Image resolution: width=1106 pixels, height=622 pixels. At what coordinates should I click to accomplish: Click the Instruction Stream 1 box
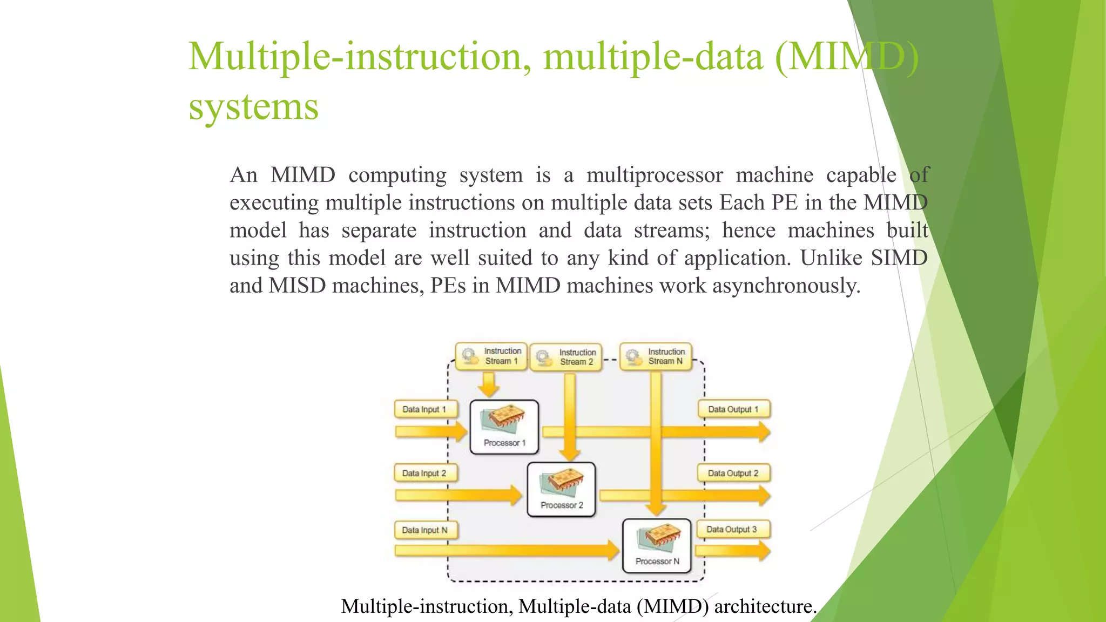[x=491, y=356]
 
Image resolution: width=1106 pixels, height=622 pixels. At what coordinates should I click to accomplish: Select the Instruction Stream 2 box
[x=565, y=357]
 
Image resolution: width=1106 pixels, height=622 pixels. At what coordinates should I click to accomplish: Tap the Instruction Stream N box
[x=656, y=357]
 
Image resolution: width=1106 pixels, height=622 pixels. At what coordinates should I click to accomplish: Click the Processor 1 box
[x=504, y=427]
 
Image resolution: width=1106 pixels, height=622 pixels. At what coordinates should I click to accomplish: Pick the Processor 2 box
[x=561, y=489]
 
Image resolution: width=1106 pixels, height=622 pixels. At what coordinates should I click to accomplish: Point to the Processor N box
[x=657, y=546]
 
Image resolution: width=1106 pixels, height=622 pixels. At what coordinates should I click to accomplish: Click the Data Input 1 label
[x=425, y=409]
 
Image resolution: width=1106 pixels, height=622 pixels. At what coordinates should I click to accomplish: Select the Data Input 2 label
[x=425, y=473]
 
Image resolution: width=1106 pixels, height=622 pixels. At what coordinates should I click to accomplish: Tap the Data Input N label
[x=425, y=530]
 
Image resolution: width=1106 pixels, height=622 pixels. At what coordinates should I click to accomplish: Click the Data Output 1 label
[x=733, y=409]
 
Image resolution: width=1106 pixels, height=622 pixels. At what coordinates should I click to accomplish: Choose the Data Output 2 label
[x=733, y=473]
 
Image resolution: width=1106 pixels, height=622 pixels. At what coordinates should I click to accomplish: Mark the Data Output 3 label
[x=732, y=529]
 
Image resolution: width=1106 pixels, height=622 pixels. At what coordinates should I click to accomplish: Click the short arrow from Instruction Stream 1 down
[x=489, y=384]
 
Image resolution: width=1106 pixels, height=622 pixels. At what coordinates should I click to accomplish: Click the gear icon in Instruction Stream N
[x=633, y=357]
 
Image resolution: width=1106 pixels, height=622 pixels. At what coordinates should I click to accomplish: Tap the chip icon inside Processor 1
[x=505, y=418]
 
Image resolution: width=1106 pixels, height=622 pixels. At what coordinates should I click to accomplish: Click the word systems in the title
[x=253, y=107]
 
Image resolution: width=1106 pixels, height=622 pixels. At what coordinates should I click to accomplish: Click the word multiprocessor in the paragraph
[x=655, y=175]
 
